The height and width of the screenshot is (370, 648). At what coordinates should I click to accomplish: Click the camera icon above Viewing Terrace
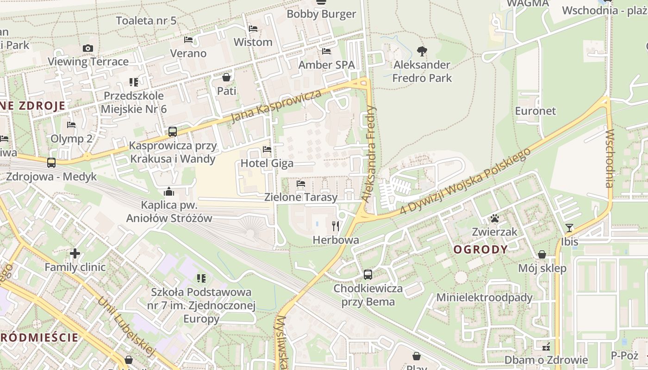click(x=88, y=48)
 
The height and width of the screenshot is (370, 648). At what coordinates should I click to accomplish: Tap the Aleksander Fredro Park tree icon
click(x=422, y=51)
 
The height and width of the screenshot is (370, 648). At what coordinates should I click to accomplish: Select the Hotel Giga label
click(x=267, y=163)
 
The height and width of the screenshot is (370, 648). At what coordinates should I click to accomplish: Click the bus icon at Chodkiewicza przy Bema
click(x=368, y=275)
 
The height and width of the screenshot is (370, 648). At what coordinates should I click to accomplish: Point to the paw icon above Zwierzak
click(x=495, y=218)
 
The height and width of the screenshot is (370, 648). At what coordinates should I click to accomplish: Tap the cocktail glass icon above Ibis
click(x=569, y=228)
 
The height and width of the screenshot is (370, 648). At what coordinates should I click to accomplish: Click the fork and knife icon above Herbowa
click(x=336, y=226)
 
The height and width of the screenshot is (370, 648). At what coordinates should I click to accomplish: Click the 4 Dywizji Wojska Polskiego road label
click(x=466, y=181)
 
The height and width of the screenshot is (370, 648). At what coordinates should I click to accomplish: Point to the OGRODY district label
click(x=480, y=250)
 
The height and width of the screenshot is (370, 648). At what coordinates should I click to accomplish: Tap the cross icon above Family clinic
click(x=75, y=253)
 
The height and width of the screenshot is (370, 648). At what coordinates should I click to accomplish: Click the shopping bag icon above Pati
click(x=226, y=77)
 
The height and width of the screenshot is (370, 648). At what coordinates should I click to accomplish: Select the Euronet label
click(x=536, y=111)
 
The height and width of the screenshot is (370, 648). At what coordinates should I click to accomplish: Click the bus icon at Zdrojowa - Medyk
click(x=51, y=163)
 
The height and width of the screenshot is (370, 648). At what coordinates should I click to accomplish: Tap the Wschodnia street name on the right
click(x=609, y=158)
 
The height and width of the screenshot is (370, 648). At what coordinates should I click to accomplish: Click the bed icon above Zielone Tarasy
click(x=301, y=184)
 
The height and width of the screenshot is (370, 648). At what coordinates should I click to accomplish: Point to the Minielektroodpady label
click(x=485, y=297)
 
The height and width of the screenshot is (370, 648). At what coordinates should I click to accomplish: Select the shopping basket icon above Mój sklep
click(x=542, y=254)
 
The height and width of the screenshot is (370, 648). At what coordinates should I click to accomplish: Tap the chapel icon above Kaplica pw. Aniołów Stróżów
click(x=169, y=191)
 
